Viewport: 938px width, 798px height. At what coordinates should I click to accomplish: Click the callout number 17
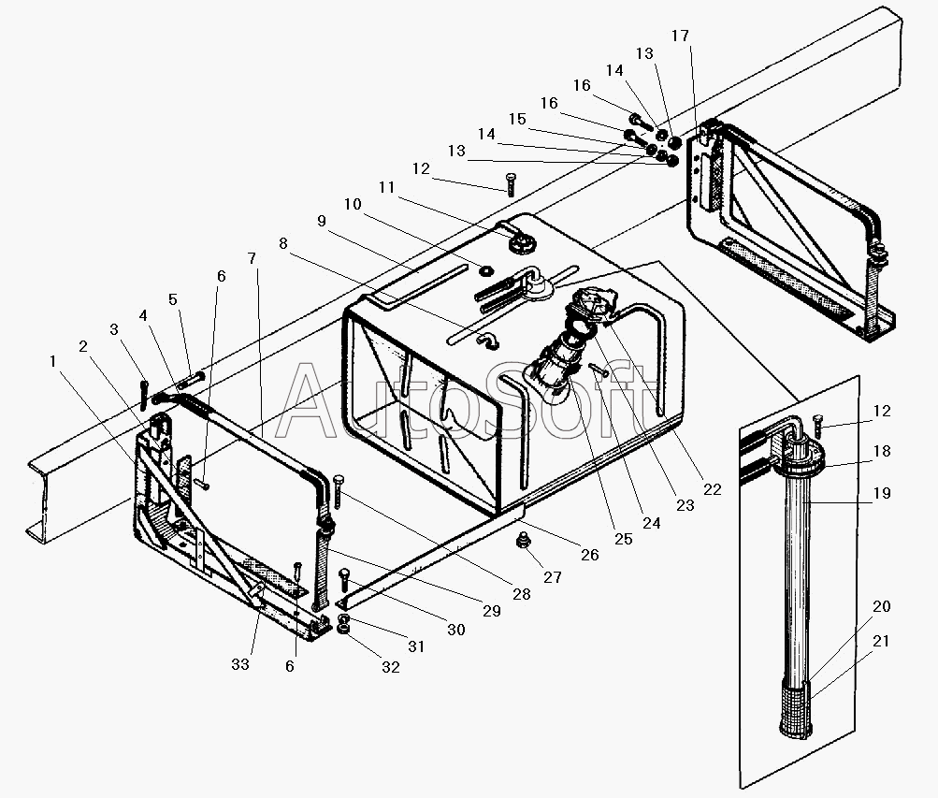(x=680, y=36)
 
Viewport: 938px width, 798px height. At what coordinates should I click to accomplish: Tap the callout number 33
(x=240, y=664)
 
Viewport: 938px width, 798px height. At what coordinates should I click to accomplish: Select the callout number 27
(x=552, y=577)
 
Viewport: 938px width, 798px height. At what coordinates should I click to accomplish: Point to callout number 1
(x=52, y=361)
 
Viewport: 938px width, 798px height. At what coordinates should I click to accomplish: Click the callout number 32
(x=391, y=667)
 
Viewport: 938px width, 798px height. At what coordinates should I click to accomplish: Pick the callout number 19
(x=882, y=493)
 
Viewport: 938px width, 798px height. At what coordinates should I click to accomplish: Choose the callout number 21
(x=881, y=641)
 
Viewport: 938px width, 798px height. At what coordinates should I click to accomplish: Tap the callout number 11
(x=386, y=187)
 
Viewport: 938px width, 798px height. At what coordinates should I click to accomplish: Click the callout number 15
(x=517, y=119)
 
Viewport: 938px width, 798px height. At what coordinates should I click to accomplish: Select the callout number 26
(x=590, y=555)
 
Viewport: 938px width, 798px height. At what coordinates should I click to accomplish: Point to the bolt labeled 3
(x=144, y=396)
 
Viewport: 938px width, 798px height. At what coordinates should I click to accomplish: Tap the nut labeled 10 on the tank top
(x=485, y=271)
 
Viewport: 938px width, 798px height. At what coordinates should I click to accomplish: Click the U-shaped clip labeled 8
(x=486, y=341)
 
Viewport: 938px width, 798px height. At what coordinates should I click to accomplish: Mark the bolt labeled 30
(x=344, y=583)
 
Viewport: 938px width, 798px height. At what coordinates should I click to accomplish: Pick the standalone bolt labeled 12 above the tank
(x=510, y=183)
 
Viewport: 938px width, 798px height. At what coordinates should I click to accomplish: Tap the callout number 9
(x=322, y=222)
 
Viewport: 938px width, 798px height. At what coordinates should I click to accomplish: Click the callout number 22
(x=712, y=489)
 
